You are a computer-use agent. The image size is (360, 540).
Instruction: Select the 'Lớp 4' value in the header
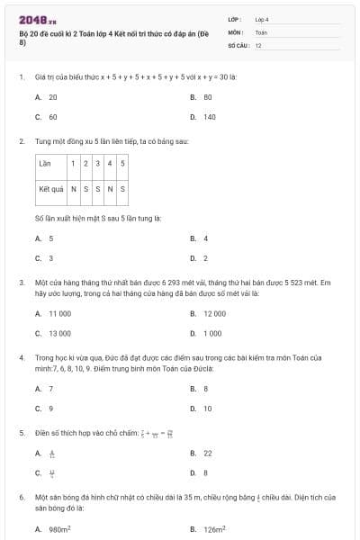pyautogui.click(x=262, y=18)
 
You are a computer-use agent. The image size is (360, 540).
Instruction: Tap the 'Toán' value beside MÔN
pyautogui.click(x=261, y=31)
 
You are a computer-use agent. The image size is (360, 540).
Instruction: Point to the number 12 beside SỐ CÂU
pyautogui.click(x=258, y=44)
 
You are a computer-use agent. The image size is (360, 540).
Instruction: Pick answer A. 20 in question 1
pyautogui.click(x=47, y=96)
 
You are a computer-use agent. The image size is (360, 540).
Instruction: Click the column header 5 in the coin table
pyautogui.click(x=122, y=163)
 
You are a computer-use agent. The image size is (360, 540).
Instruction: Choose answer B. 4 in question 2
pyautogui.click(x=200, y=238)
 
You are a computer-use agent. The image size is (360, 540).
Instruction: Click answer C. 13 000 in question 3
pyautogui.click(x=53, y=333)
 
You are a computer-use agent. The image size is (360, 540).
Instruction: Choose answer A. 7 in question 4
pyautogui.click(x=45, y=388)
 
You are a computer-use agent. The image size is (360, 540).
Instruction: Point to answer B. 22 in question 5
pyautogui.click(x=202, y=453)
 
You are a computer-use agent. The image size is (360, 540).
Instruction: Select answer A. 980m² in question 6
pyautogui.click(x=52, y=529)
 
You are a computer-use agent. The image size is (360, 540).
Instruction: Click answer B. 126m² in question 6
pyautogui.click(x=208, y=529)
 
